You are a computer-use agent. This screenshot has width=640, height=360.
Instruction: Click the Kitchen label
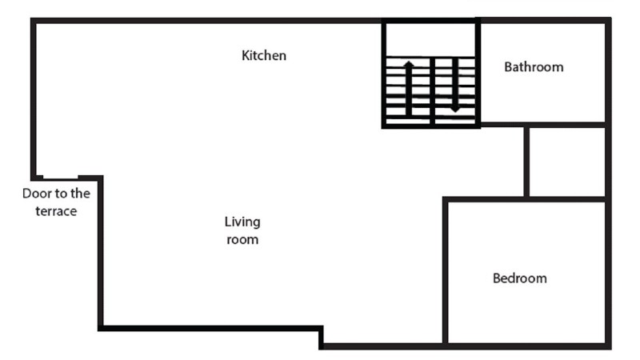point(264,55)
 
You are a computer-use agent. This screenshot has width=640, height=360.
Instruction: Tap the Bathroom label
point(534,67)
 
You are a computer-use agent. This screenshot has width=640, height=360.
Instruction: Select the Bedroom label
point(519,278)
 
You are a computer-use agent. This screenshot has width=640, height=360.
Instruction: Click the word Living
point(242,222)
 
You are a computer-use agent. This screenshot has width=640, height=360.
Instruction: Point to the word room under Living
point(242,239)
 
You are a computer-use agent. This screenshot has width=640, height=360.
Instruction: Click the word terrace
point(56,211)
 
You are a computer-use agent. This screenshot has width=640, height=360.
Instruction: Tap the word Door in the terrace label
point(34,194)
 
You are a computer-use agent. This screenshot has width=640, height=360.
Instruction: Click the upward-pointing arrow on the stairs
point(409,88)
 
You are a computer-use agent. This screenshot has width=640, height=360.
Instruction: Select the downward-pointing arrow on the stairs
point(455,86)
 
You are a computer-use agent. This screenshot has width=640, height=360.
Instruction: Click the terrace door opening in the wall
point(61,178)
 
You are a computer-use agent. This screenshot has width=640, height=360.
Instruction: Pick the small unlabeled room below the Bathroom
point(567,162)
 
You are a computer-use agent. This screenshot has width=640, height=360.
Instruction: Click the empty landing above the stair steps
point(430,39)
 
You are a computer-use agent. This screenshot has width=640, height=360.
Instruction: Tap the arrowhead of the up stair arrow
point(409,64)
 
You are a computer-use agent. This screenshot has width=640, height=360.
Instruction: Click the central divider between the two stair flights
point(432,90)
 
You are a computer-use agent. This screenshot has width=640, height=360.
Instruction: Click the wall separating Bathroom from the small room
point(543,125)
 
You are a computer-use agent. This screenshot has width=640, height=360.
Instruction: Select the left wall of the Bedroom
point(446,271)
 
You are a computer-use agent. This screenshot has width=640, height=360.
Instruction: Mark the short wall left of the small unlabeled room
point(526,162)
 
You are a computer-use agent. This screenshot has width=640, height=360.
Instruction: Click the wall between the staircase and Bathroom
point(478,73)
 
